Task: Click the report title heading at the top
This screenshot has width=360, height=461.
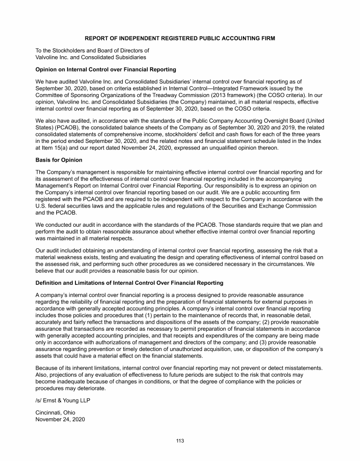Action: [x=180, y=38]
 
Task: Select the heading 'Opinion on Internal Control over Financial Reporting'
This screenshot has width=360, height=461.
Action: [x=106, y=69]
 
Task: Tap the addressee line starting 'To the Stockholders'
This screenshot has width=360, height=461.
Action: [x=92, y=51]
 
